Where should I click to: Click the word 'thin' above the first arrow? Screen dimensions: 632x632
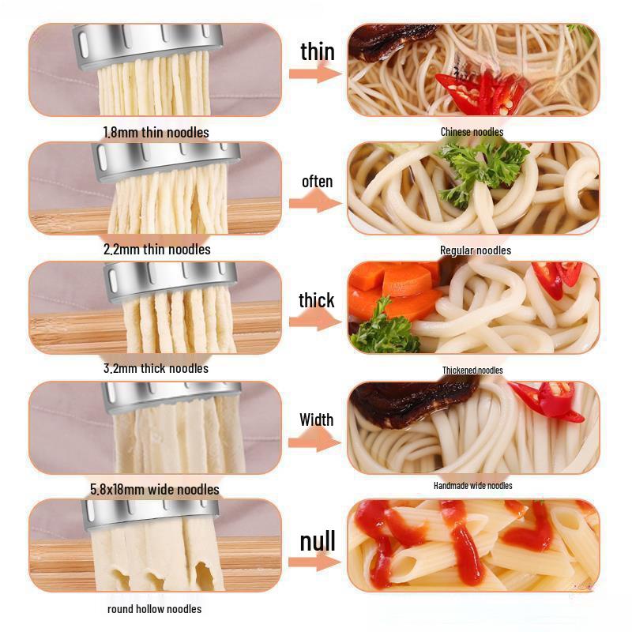pos(318,51)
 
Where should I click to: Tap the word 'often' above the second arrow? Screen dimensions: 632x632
pos(318,182)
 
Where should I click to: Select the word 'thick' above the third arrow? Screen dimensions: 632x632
pos(317,300)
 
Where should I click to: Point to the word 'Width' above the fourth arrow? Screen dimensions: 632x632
pos(317,419)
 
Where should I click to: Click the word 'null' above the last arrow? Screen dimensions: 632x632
pos(318,541)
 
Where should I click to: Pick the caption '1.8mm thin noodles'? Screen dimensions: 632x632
pos(156,132)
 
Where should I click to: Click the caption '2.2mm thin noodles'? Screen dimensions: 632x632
pos(156,250)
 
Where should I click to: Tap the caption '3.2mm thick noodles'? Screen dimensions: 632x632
pos(156,368)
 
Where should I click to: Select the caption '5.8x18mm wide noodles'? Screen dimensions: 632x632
pos(155,490)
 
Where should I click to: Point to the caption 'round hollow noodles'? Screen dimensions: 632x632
pos(155,608)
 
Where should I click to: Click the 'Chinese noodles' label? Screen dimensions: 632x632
pos(472,132)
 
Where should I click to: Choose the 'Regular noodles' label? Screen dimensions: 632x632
pos(476,250)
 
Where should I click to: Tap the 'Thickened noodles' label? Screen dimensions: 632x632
pos(472,370)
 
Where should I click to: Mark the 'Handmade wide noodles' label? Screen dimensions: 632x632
pos(473,485)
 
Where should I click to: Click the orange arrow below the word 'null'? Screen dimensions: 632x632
pos(314,562)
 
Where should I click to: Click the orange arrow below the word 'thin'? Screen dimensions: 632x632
pos(314,73)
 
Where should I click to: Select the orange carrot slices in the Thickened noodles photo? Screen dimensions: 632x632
pos(395,288)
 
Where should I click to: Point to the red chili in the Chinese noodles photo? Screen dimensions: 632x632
pos(482,91)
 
